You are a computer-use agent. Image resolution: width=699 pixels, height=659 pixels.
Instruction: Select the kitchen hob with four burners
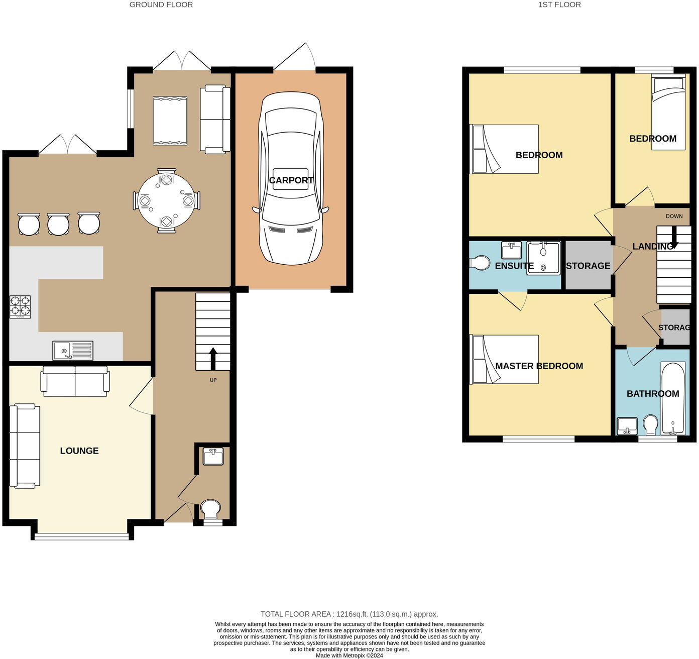20,306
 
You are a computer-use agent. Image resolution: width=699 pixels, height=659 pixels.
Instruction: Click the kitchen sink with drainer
73,350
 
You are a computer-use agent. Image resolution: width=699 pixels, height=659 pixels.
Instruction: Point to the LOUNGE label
79,451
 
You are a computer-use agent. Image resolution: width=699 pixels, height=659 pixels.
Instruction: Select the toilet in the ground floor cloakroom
210,508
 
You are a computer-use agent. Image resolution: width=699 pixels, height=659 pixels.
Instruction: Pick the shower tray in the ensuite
543,258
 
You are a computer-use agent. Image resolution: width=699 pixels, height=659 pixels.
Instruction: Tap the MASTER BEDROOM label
539,366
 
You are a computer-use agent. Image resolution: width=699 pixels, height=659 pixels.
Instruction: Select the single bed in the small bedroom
668,112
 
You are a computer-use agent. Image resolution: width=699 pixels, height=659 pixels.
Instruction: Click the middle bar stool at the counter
58,224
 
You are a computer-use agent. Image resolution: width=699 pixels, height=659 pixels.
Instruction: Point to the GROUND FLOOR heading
161,5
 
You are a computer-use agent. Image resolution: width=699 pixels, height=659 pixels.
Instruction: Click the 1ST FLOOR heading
559,5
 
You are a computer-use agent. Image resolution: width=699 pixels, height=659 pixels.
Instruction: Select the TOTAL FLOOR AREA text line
349,614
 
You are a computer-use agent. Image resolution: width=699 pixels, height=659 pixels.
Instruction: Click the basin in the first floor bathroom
627,426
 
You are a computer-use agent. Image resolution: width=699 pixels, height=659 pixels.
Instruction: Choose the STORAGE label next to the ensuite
588,266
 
